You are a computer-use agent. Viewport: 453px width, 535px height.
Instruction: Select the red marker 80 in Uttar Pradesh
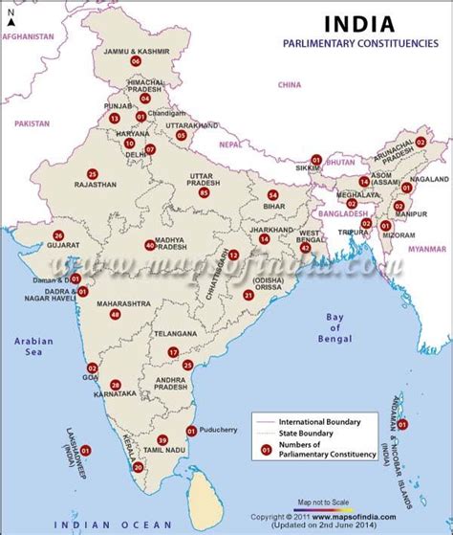pos(203,192)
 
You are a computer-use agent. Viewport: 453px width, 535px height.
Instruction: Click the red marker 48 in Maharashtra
pos(116,314)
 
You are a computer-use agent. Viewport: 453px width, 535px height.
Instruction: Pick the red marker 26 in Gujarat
pos(58,235)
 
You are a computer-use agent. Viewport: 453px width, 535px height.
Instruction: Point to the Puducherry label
pos(226,431)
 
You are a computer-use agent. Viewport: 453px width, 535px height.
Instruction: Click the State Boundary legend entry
pos(310,433)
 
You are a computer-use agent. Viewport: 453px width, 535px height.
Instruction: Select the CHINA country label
pos(289,84)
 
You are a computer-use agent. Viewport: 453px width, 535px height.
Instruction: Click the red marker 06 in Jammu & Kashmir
pos(136,61)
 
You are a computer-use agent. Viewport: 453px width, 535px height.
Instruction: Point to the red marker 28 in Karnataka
pos(116,384)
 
